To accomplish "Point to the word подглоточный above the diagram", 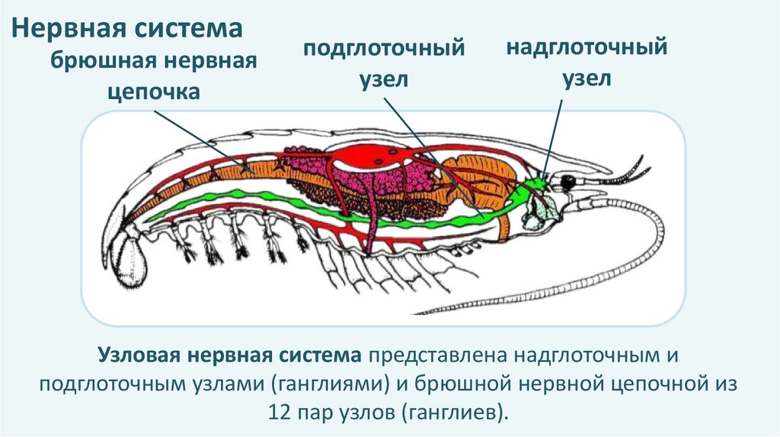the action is [x=384, y=49].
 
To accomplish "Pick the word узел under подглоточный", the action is [x=385, y=80].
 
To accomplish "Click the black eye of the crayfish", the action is [x=567, y=182].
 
